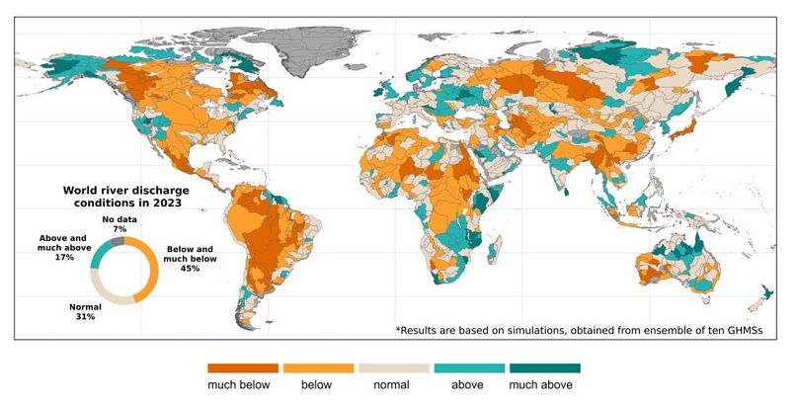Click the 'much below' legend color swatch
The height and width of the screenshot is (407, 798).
(243, 367)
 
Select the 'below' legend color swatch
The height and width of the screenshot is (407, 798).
(318, 367)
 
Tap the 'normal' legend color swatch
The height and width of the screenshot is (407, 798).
(392, 367)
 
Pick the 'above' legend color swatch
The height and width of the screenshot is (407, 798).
(466, 367)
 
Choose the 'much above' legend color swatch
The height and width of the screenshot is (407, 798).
(541, 367)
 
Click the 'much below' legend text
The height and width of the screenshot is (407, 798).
(243, 384)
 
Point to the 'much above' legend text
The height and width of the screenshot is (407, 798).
(541, 384)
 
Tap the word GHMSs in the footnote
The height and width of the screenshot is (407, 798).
(738, 329)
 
